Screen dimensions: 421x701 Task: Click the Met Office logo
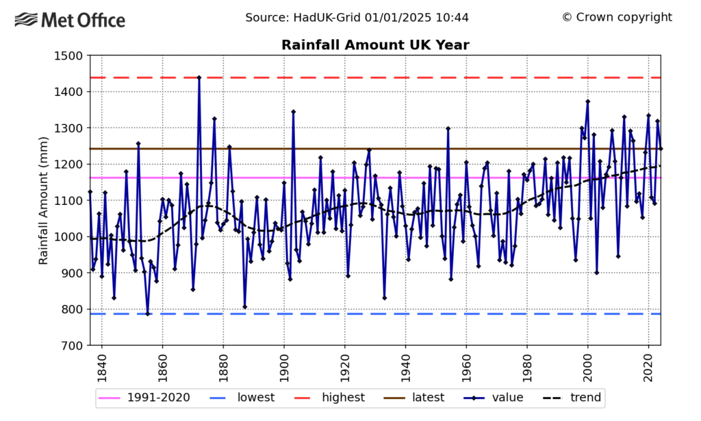tap(70, 20)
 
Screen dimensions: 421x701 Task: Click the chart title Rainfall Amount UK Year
tap(375, 45)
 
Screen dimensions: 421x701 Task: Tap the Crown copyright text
tap(617, 17)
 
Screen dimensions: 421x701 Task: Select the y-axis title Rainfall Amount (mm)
tap(43, 200)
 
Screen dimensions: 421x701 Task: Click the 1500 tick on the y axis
tap(68, 56)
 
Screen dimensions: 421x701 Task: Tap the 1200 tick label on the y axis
tap(68, 165)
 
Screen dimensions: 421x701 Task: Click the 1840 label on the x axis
tap(101, 367)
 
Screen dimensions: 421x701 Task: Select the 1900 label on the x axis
tap(283, 367)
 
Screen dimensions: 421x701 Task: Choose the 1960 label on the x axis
tap(466, 367)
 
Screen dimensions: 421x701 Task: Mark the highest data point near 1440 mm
tap(199, 77)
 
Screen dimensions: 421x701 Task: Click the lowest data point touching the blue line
tap(147, 314)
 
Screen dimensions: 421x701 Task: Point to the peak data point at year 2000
tap(587, 101)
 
